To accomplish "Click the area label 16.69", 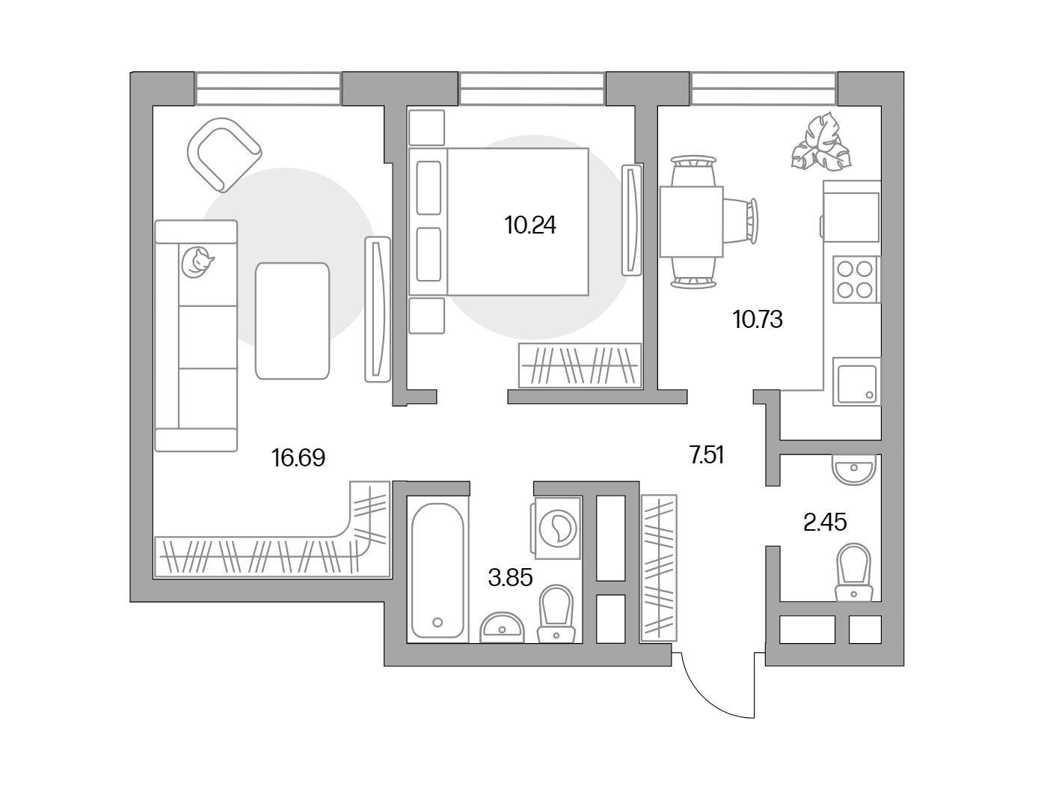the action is pos(298,457).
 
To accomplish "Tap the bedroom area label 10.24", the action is pos(530,225).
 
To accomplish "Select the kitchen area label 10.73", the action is pos(758,320).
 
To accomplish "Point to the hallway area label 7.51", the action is pos(707,455).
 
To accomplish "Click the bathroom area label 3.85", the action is pos(510,578).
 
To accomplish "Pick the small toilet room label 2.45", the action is pos(825,522).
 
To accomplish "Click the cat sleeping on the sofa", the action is pos(197,262).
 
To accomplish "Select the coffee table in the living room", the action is pos(292,321).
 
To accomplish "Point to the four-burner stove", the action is pos(856,280).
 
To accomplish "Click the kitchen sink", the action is pos(857,382).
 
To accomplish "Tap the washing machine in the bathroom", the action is pos(556,528).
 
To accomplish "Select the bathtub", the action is pos(437,570).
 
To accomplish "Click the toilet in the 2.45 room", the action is pos(854,572).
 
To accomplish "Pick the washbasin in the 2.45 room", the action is pos(854,469).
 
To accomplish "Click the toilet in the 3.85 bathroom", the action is pos(556,614).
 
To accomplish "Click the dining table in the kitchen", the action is pos(692,222).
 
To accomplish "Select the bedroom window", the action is pos(532,89).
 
